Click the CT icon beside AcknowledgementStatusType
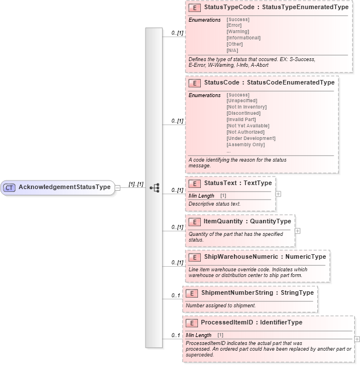[9, 187]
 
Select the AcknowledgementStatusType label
[64, 187]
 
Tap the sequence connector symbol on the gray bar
[154, 187]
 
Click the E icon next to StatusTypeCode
[195, 8]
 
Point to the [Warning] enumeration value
[237, 31]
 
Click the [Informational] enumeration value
[243, 38]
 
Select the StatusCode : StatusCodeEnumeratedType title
[269, 82]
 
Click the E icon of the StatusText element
[195, 183]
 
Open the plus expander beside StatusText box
[278, 194]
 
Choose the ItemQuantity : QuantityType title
[247, 221]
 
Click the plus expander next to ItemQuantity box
[297, 231]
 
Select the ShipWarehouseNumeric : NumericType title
[265, 256]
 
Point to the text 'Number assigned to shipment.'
[221, 306]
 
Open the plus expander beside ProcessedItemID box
[357, 339]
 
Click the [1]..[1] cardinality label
[136, 184]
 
